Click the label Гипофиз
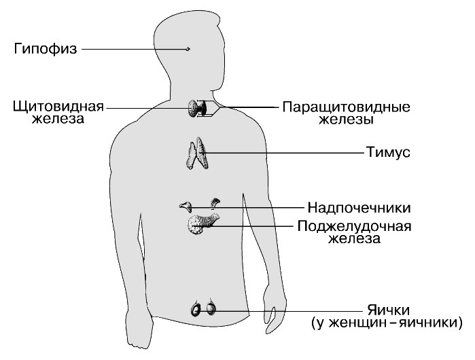tap(46, 49)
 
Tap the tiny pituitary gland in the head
tap(188, 49)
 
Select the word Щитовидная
tap(58, 107)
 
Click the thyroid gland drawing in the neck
tap(197, 108)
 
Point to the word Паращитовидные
tap(347, 107)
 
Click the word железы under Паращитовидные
tap(347, 120)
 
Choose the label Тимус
tap(388, 152)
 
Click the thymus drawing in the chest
tap(197, 153)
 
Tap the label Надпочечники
tap(359, 208)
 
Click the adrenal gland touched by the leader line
tap(186, 206)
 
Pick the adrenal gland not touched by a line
tap(215, 203)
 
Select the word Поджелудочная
tap(355, 226)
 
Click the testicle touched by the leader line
tap(211, 309)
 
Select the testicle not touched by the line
tap(196, 309)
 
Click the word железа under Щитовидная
tap(58, 119)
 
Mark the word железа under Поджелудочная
tap(355, 238)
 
